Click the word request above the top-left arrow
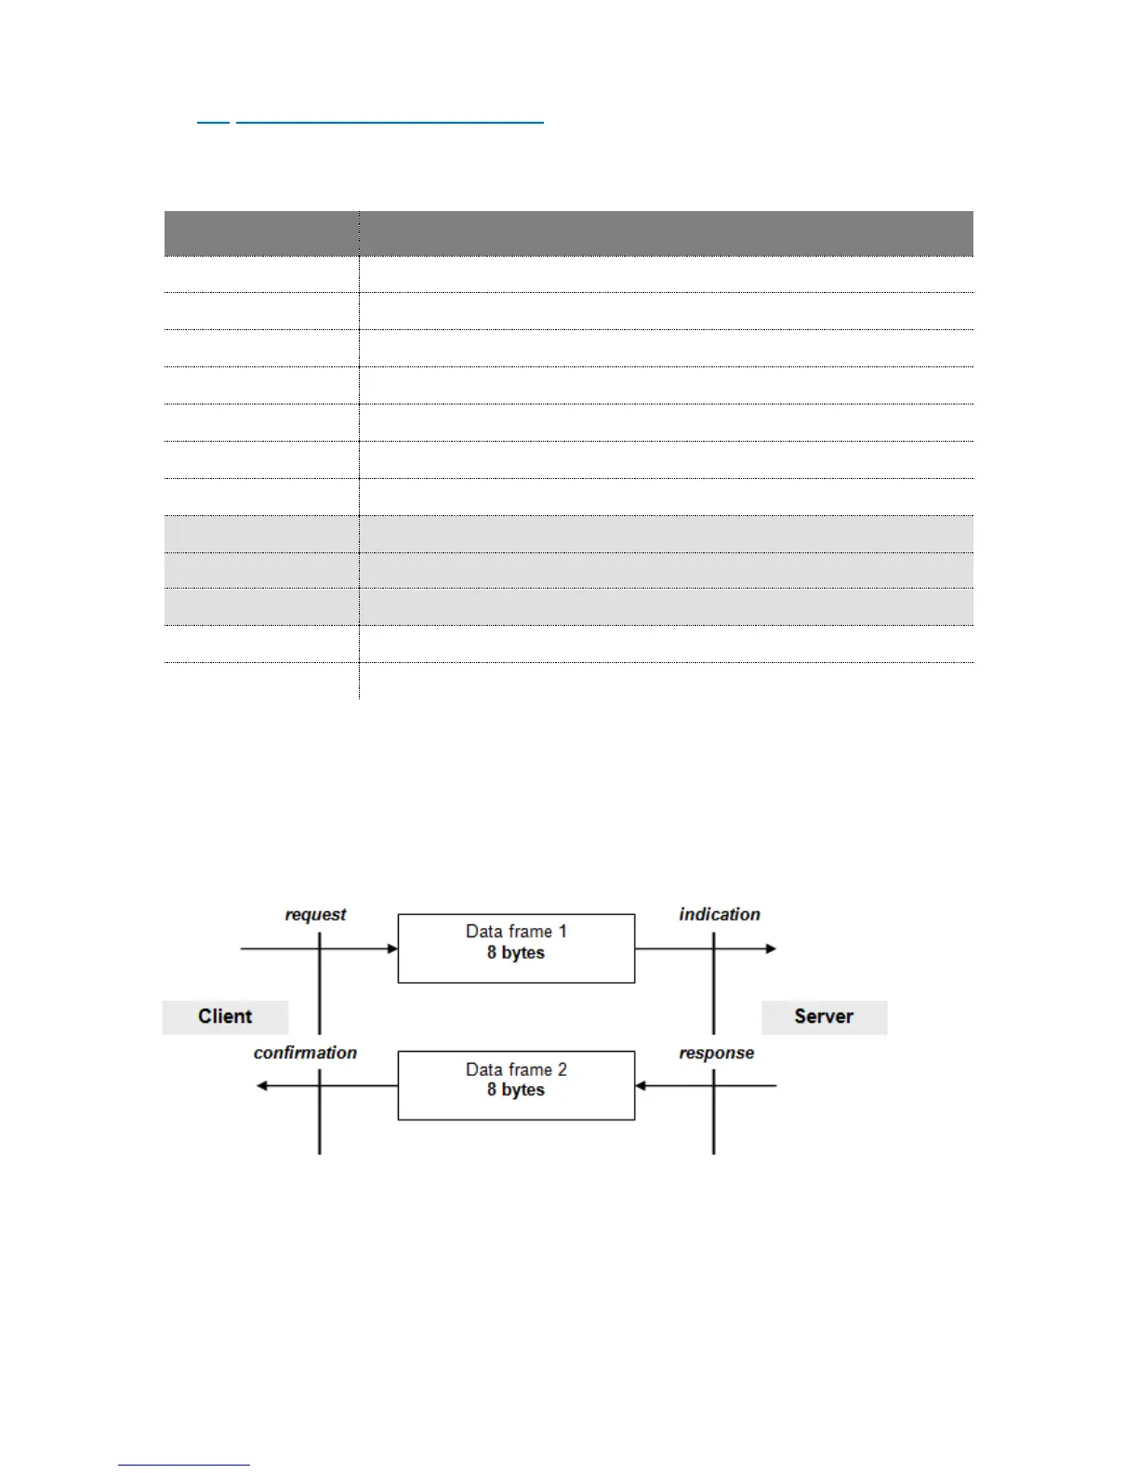pos(315,915)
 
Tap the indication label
pos(720,915)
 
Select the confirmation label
pos(305,1053)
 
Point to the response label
pos(716,1053)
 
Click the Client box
pos(225,1016)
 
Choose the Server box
pos(824,1016)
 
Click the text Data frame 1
pos(516,932)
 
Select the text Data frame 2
pos(516,1069)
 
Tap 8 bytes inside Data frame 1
pos(516,953)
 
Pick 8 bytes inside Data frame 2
pos(516,1090)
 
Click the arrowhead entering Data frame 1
pos(392,949)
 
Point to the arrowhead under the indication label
pos(771,949)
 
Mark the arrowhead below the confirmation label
pos(262,1085)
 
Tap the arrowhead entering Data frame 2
pos(641,1085)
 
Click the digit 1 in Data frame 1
pos(562,932)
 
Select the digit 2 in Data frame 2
pos(562,1069)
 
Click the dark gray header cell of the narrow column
pos(261,233)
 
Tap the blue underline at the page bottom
pos(184,1465)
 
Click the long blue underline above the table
pos(390,122)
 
